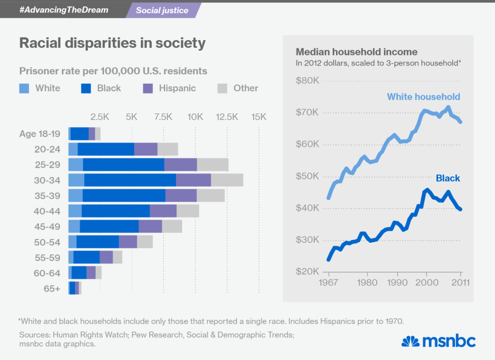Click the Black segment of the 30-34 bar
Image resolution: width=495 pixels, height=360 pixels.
pos(130,179)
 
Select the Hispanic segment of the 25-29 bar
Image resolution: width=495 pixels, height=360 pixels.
pos(180,165)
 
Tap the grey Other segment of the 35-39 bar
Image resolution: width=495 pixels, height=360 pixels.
pos(211,195)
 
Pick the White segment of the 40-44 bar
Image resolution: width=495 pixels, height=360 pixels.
pos(75,211)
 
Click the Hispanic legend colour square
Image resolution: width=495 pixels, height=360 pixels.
pos(147,88)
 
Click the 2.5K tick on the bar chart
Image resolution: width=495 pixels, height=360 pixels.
pos(100,117)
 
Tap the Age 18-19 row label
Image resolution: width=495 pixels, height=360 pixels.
pos(40,133)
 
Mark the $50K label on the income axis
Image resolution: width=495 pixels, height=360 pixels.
pos(307,177)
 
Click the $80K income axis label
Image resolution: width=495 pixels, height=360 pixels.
pos(307,81)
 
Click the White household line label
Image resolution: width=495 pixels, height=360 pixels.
pos(424,97)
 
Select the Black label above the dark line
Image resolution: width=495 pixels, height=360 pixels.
pos(448,178)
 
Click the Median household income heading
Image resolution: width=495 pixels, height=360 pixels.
pos(356,52)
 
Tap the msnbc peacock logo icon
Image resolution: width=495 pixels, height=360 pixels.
pos(410,341)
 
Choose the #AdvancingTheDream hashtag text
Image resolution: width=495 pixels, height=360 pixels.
pos(64,10)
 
